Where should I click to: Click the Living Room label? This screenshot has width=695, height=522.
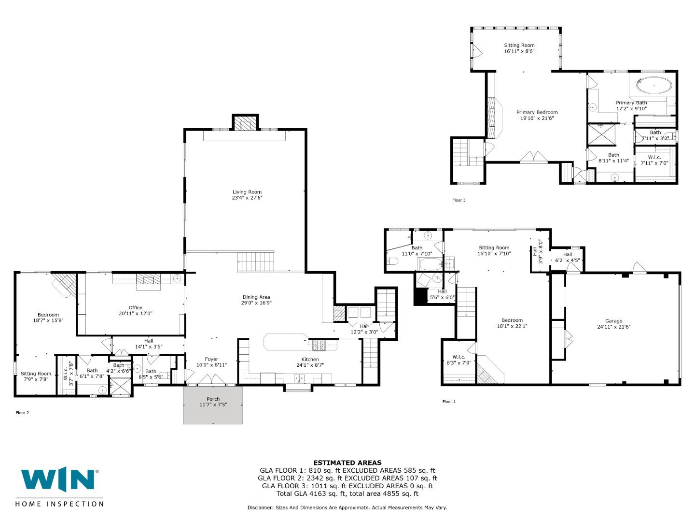click(247, 192)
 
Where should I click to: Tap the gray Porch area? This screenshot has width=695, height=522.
click(213, 405)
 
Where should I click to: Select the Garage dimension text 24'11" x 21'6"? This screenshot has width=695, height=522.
click(613, 327)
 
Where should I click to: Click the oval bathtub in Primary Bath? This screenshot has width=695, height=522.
click(654, 86)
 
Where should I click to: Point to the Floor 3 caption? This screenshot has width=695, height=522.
click(459, 200)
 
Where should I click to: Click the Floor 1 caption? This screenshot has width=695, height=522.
click(448, 402)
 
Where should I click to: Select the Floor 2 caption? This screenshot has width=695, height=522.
click(22, 413)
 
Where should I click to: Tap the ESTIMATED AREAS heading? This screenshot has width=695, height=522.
click(347, 463)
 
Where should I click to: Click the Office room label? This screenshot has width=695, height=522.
click(135, 307)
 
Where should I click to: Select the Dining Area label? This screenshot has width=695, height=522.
click(256, 297)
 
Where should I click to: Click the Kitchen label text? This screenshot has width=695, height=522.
click(310, 359)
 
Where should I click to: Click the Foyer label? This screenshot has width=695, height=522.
click(211, 359)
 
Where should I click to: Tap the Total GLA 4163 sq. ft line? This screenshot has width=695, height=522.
click(347, 493)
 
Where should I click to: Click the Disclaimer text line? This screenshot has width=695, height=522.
click(347, 507)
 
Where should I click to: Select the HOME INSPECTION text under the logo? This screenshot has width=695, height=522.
click(59, 504)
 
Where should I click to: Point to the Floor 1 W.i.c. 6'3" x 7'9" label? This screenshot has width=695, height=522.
click(459, 360)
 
